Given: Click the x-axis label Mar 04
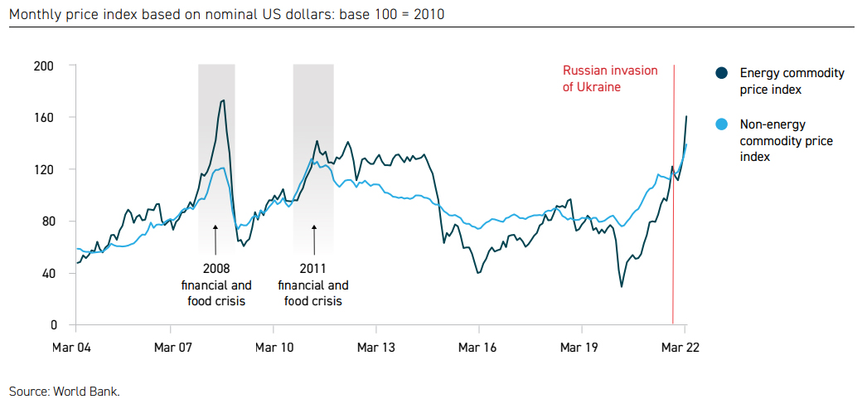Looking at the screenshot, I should click(74, 347).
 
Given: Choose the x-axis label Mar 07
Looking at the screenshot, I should click(175, 347).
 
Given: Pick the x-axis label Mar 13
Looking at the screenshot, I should click(377, 347).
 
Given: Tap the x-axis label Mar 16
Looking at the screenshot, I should click(479, 347).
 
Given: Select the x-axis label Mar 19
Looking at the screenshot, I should click(580, 347).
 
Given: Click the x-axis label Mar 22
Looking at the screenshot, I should click(682, 347).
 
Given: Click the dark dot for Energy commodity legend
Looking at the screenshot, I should click(722, 73).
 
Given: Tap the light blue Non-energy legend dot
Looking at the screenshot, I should click(722, 124).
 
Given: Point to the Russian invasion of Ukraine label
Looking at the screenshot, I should click(610, 78).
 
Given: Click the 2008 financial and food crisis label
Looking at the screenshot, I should click(216, 285).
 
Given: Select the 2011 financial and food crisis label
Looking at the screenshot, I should click(313, 285).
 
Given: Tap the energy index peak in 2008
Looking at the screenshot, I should click(223, 100).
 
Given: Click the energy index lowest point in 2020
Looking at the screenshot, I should click(622, 287).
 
